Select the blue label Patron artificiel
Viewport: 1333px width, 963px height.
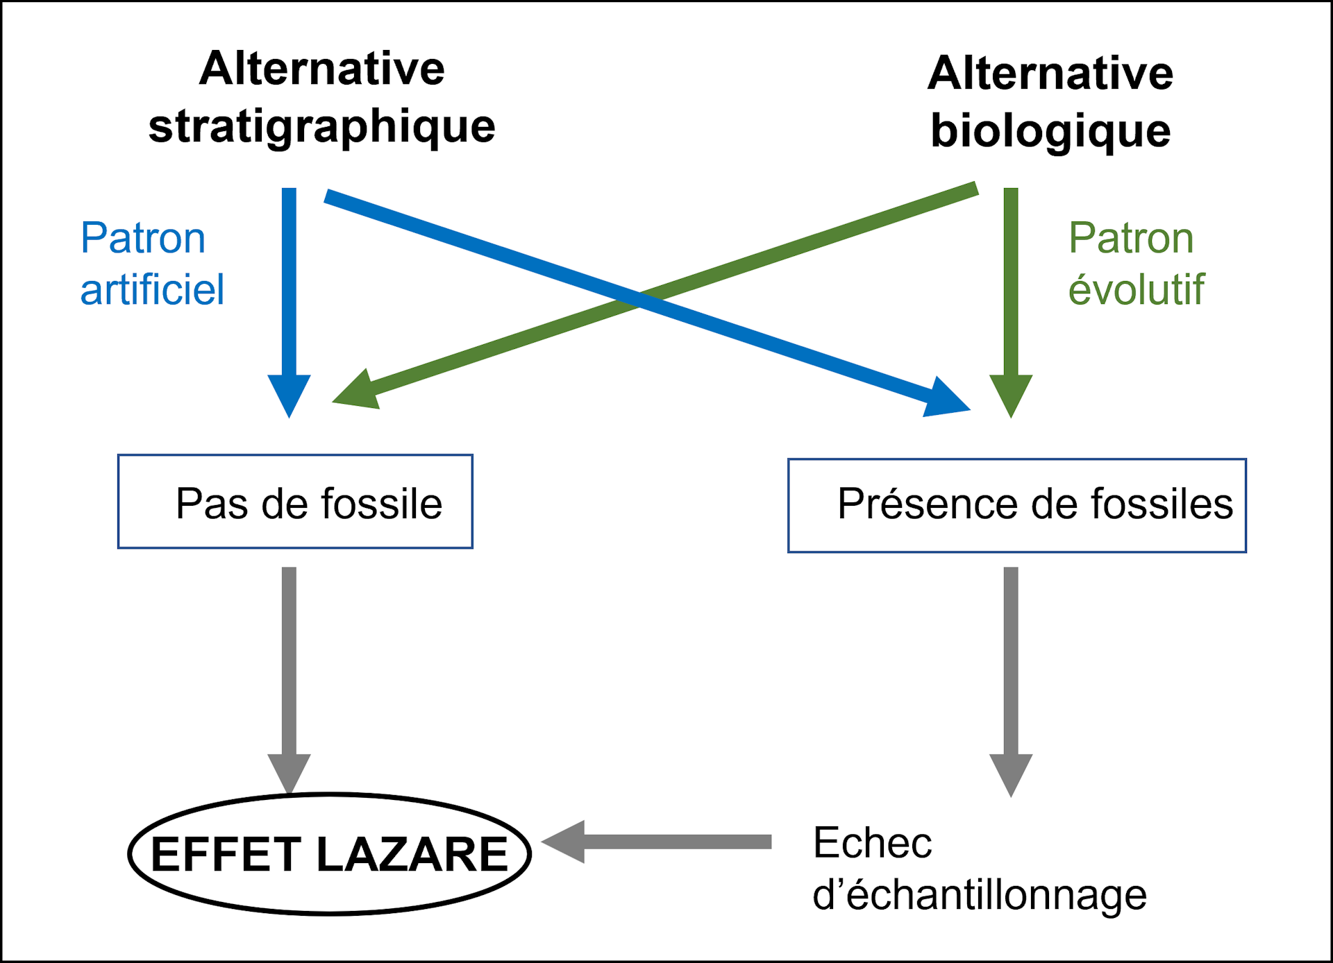point(152,263)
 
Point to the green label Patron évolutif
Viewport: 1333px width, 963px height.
point(1136,263)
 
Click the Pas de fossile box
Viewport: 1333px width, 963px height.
point(295,502)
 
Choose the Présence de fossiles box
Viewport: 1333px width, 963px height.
point(1016,505)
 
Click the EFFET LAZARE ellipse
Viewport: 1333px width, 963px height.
point(330,854)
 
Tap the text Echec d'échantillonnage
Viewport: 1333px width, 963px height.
point(979,869)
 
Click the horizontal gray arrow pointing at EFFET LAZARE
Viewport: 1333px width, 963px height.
point(656,842)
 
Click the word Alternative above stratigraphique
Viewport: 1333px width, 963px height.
point(322,69)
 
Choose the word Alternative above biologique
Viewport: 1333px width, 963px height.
point(1050,74)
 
